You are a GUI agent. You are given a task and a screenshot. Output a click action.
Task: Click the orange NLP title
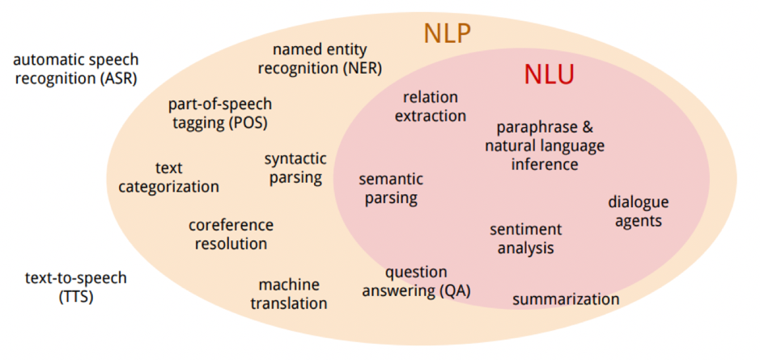coord(447,34)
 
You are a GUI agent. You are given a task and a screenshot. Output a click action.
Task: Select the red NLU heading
coord(548,76)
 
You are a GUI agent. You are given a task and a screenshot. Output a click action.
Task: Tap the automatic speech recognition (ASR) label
coord(76,70)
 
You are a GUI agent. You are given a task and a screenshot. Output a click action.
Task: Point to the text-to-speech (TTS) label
coord(76,287)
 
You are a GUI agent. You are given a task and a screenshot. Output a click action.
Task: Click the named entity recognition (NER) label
coord(320,58)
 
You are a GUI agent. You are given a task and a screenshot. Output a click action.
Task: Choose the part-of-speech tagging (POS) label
coord(219,114)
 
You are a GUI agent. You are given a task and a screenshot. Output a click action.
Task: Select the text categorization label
coord(168,177)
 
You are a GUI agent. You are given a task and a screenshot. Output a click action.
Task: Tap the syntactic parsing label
coord(295,168)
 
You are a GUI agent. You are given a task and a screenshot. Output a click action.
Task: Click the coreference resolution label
coord(231,234)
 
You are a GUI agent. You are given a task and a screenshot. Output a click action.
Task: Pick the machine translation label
coord(288,294)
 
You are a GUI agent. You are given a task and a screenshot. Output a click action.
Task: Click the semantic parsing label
coord(390,188)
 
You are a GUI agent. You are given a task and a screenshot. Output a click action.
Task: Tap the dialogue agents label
coord(638,211)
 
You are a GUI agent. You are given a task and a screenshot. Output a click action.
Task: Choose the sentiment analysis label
coord(525,239)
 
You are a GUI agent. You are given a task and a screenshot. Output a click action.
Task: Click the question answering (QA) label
coord(416,282)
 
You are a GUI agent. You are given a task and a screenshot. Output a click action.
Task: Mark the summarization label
coord(566,299)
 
